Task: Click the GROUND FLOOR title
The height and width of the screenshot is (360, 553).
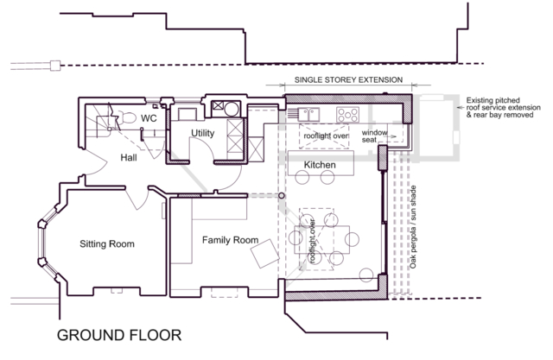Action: click(119, 335)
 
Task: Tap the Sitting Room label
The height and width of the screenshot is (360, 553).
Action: click(107, 243)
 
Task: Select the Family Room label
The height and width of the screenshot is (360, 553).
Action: click(231, 240)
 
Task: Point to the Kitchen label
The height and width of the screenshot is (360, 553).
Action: click(320, 165)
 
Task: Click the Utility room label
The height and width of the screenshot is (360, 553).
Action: click(203, 133)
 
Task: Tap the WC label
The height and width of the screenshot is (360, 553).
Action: click(149, 118)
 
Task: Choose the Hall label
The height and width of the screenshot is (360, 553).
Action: click(129, 157)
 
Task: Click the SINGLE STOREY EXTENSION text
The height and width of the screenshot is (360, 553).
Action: click(348, 80)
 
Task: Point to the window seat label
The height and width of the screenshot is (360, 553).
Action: click(374, 136)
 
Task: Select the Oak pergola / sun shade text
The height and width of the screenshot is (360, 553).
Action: click(413, 227)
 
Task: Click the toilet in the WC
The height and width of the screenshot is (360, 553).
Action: click(126, 117)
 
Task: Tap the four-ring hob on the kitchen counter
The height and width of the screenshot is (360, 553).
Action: click(347, 115)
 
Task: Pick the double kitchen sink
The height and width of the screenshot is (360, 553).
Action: click(309, 115)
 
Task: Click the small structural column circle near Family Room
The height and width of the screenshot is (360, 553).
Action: click(282, 195)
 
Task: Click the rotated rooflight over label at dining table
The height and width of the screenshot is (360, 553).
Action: click(312, 241)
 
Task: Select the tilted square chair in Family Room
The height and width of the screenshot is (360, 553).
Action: click(265, 253)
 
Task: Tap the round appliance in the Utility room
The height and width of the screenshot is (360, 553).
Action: click(232, 109)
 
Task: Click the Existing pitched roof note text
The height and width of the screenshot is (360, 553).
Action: click(503, 107)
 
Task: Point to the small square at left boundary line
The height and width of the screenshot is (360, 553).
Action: click(55, 66)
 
